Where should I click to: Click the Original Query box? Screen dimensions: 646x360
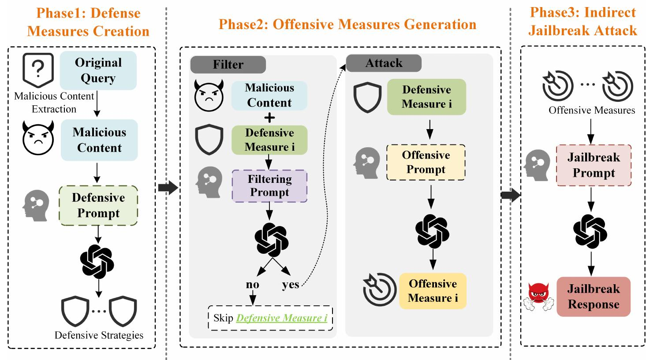pyautogui.click(x=98, y=71)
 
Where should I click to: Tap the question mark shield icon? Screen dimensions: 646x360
pyautogui.click(x=38, y=70)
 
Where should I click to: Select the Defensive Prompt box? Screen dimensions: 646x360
pyautogui.click(x=98, y=205)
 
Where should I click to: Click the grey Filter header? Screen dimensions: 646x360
pyautogui.click(x=228, y=64)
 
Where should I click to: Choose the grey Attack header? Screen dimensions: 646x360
pyautogui.click(x=384, y=63)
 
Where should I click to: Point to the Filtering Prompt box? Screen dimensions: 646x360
pyautogui.click(x=270, y=186)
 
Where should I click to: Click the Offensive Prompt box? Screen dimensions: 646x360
pyautogui.click(x=426, y=162)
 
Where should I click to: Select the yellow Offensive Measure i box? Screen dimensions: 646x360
pyautogui.click(x=433, y=291)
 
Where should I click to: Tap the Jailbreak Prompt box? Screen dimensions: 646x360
pyautogui.click(x=594, y=165)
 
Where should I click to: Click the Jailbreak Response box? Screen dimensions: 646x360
pyautogui.click(x=594, y=297)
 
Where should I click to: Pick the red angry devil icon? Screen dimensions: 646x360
pyautogui.click(x=539, y=297)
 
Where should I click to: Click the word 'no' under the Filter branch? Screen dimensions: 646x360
pyautogui.click(x=253, y=284)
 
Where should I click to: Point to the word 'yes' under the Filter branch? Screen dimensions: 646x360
pyautogui.click(x=291, y=285)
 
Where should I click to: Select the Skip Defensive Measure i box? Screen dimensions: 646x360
pyautogui.click(x=270, y=318)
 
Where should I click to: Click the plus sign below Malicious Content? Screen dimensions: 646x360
pyautogui.click(x=269, y=118)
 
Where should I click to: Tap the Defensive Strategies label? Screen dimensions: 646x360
pyautogui.click(x=99, y=335)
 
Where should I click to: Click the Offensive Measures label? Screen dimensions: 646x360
pyautogui.click(x=592, y=110)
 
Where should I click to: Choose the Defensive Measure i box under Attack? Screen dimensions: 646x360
pyautogui.click(x=426, y=97)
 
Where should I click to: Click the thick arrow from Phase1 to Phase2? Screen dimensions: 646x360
pyautogui.click(x=168, y=188)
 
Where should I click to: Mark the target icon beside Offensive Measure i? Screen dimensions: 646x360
pyautogui.click(x=380, y=289)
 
